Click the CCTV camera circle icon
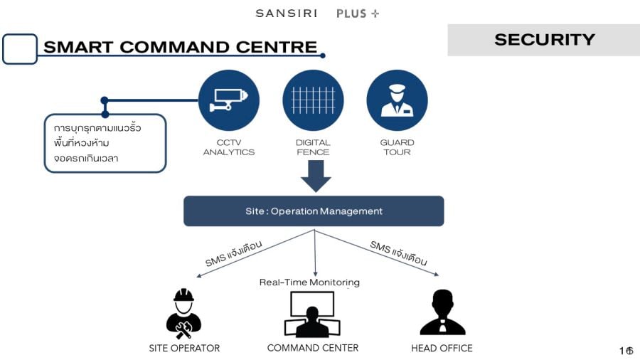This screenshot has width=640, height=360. [x=228, y=100]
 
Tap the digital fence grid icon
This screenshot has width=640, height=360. [x=313, y=100]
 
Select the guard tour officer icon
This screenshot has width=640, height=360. [x=397, y=100]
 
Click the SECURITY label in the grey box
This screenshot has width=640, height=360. [x=544, y=40]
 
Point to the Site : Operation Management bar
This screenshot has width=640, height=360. [x=314, y=211]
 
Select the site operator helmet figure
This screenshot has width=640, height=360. [x=183, y=313]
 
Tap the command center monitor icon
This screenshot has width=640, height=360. [x=312, y=314]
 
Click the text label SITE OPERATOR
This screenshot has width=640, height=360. [x=184, y=349]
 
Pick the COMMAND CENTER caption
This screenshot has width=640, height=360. [x=313, y=348]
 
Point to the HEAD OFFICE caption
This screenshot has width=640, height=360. [x=442, y=349]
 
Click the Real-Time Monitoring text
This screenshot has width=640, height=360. [x=309, y=282]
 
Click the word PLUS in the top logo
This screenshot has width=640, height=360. [x=352, y=14]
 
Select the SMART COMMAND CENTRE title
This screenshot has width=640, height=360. [x=180, y=48]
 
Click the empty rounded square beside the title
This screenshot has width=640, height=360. [x=20, y=49]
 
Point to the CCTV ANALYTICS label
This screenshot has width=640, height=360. [x=229, y=147]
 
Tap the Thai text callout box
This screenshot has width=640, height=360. [x=105, y=143]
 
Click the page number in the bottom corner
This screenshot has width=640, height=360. [x=626, y=351]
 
